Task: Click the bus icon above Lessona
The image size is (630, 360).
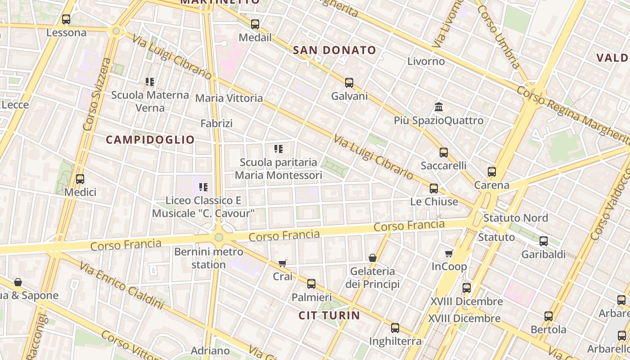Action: pos(66,19)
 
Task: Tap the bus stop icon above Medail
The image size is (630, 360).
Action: pos(255,24)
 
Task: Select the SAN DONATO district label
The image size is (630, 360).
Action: pos(334,50)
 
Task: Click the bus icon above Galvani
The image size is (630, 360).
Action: pos(349,83)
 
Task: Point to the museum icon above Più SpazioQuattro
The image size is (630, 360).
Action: pos(439,107)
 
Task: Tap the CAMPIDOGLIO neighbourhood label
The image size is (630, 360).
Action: pos(150,139)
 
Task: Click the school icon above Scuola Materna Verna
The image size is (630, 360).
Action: pos(150,82)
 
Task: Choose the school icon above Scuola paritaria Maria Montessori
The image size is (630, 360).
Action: pos(279,148)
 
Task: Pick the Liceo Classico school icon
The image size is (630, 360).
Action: pos(203,187)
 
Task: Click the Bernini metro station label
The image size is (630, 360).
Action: pos(208,258)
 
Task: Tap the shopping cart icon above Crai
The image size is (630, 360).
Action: pos(283,263)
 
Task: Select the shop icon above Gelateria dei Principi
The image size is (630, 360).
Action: pos(373,258)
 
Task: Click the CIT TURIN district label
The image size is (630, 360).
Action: pos(329,315)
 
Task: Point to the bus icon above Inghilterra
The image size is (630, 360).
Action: pos(395,328)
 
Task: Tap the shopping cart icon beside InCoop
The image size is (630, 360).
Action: pos(449,253)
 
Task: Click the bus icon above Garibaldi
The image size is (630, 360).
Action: pos(544,241)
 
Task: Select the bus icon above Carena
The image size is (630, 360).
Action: pos(492,172)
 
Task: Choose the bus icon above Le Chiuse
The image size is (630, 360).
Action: pos(434,189)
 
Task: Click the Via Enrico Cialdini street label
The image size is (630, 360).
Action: pos(121,286)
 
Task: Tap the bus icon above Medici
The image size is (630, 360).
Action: pos(80,179)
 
